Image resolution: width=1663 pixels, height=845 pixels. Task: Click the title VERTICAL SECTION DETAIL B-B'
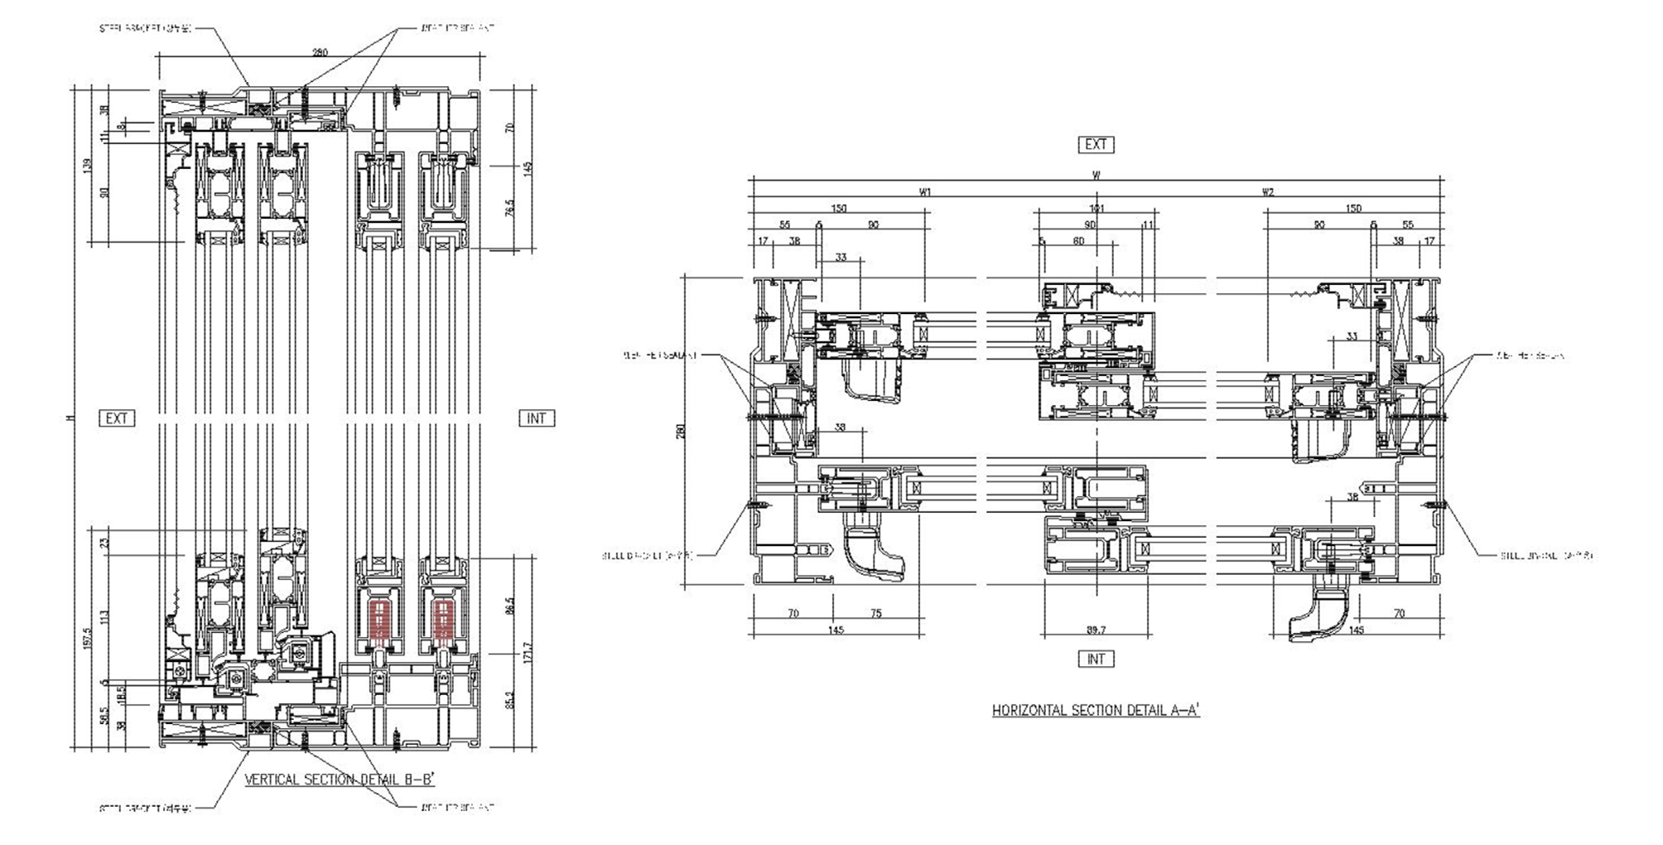coord(340,780)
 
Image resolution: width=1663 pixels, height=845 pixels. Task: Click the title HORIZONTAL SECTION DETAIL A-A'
coord(1096,710)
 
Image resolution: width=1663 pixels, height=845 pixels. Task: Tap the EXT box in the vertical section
coord(116,418)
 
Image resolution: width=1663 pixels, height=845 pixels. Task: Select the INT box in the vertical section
coord(536,418)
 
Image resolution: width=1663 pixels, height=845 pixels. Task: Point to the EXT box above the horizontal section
coord(1096,144)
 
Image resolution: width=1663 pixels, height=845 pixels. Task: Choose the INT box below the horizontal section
coord(1096,659)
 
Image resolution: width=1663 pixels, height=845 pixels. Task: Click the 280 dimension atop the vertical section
coord(320,52)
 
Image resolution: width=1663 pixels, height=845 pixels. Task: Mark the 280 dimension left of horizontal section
coord(682,432)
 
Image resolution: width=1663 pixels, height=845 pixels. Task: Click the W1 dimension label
coord(925,192)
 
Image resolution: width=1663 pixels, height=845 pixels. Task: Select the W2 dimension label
coord(1268,192)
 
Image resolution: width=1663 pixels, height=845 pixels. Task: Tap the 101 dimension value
coord(1096,209)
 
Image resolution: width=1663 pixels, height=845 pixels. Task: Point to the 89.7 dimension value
coord(1096,630)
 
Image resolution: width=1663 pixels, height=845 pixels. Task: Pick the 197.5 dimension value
coord(90,638)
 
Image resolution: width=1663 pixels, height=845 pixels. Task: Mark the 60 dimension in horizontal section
coord(1078,242)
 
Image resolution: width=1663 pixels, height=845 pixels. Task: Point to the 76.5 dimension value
coord(510,207)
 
